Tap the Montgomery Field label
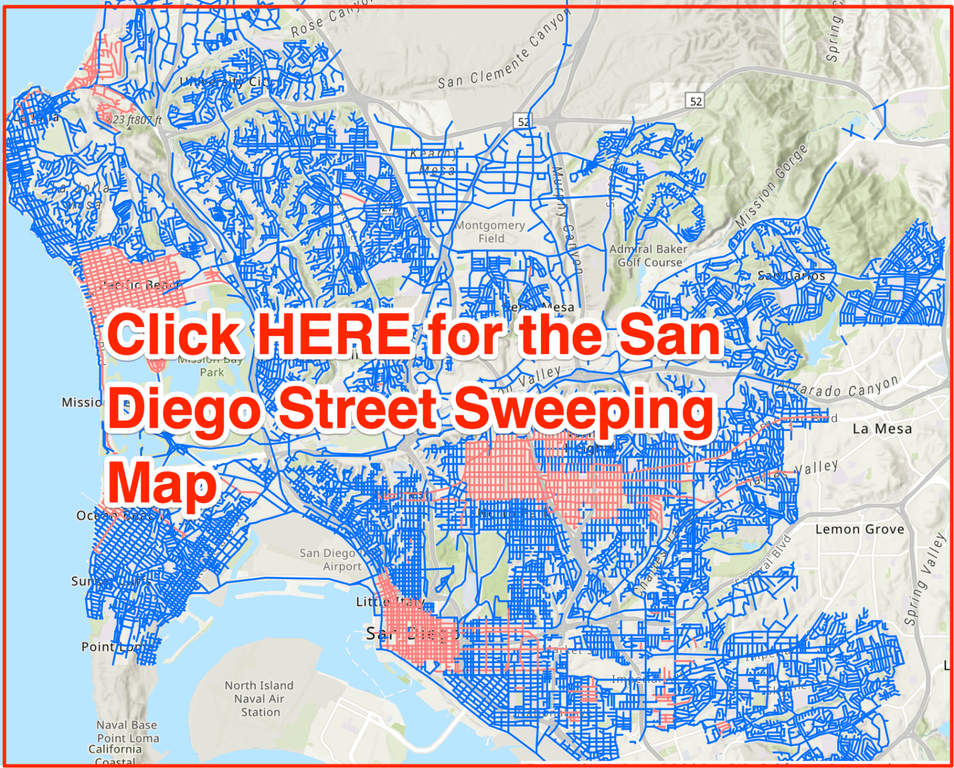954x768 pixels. click(x=491, y=232)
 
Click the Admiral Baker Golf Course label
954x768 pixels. click(x=648, y=255)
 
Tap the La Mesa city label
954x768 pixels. click(x=882, y=428)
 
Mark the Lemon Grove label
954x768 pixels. click(x=860, y=529)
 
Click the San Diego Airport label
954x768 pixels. click(x=330, y=559)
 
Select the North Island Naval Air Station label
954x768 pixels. click(x=259, y=698)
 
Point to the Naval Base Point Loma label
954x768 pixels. click(x=127, y=738)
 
